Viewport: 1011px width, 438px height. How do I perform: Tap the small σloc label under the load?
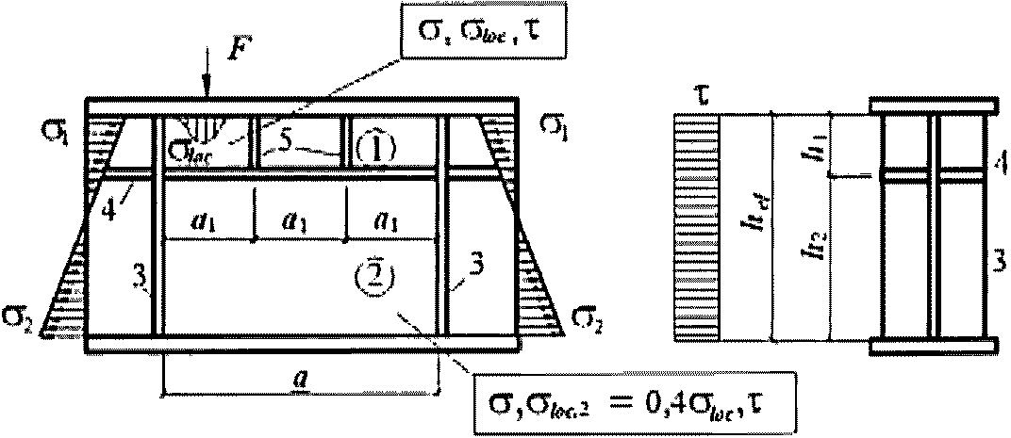pos(189,149)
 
